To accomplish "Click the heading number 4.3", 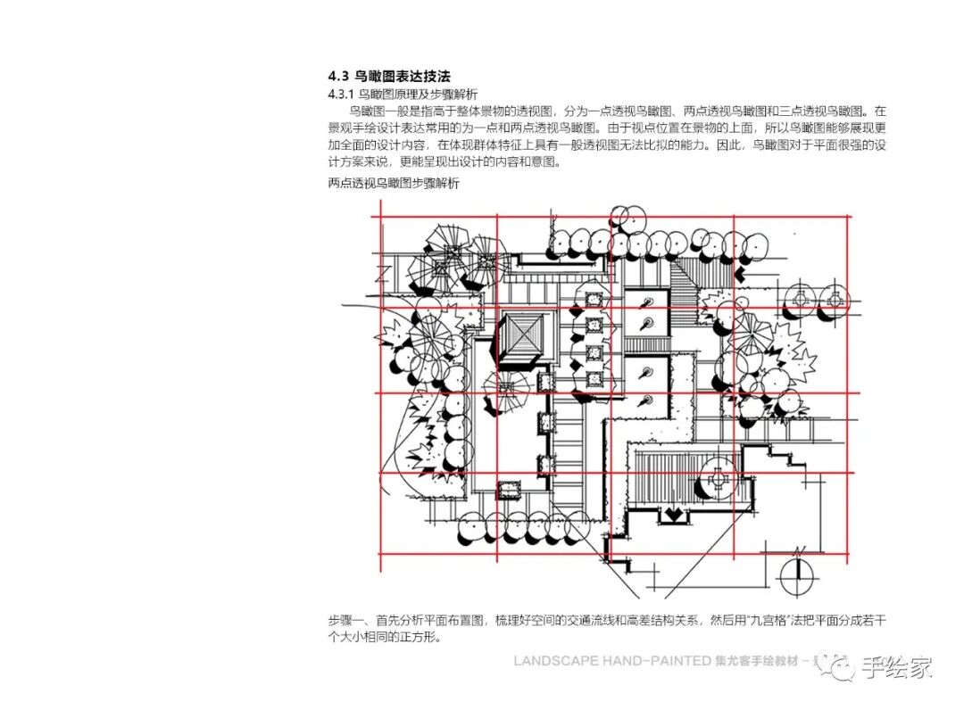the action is pos(339,77).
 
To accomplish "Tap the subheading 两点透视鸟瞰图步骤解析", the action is pos(394,184).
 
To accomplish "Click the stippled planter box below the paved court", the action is pos(509,488).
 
